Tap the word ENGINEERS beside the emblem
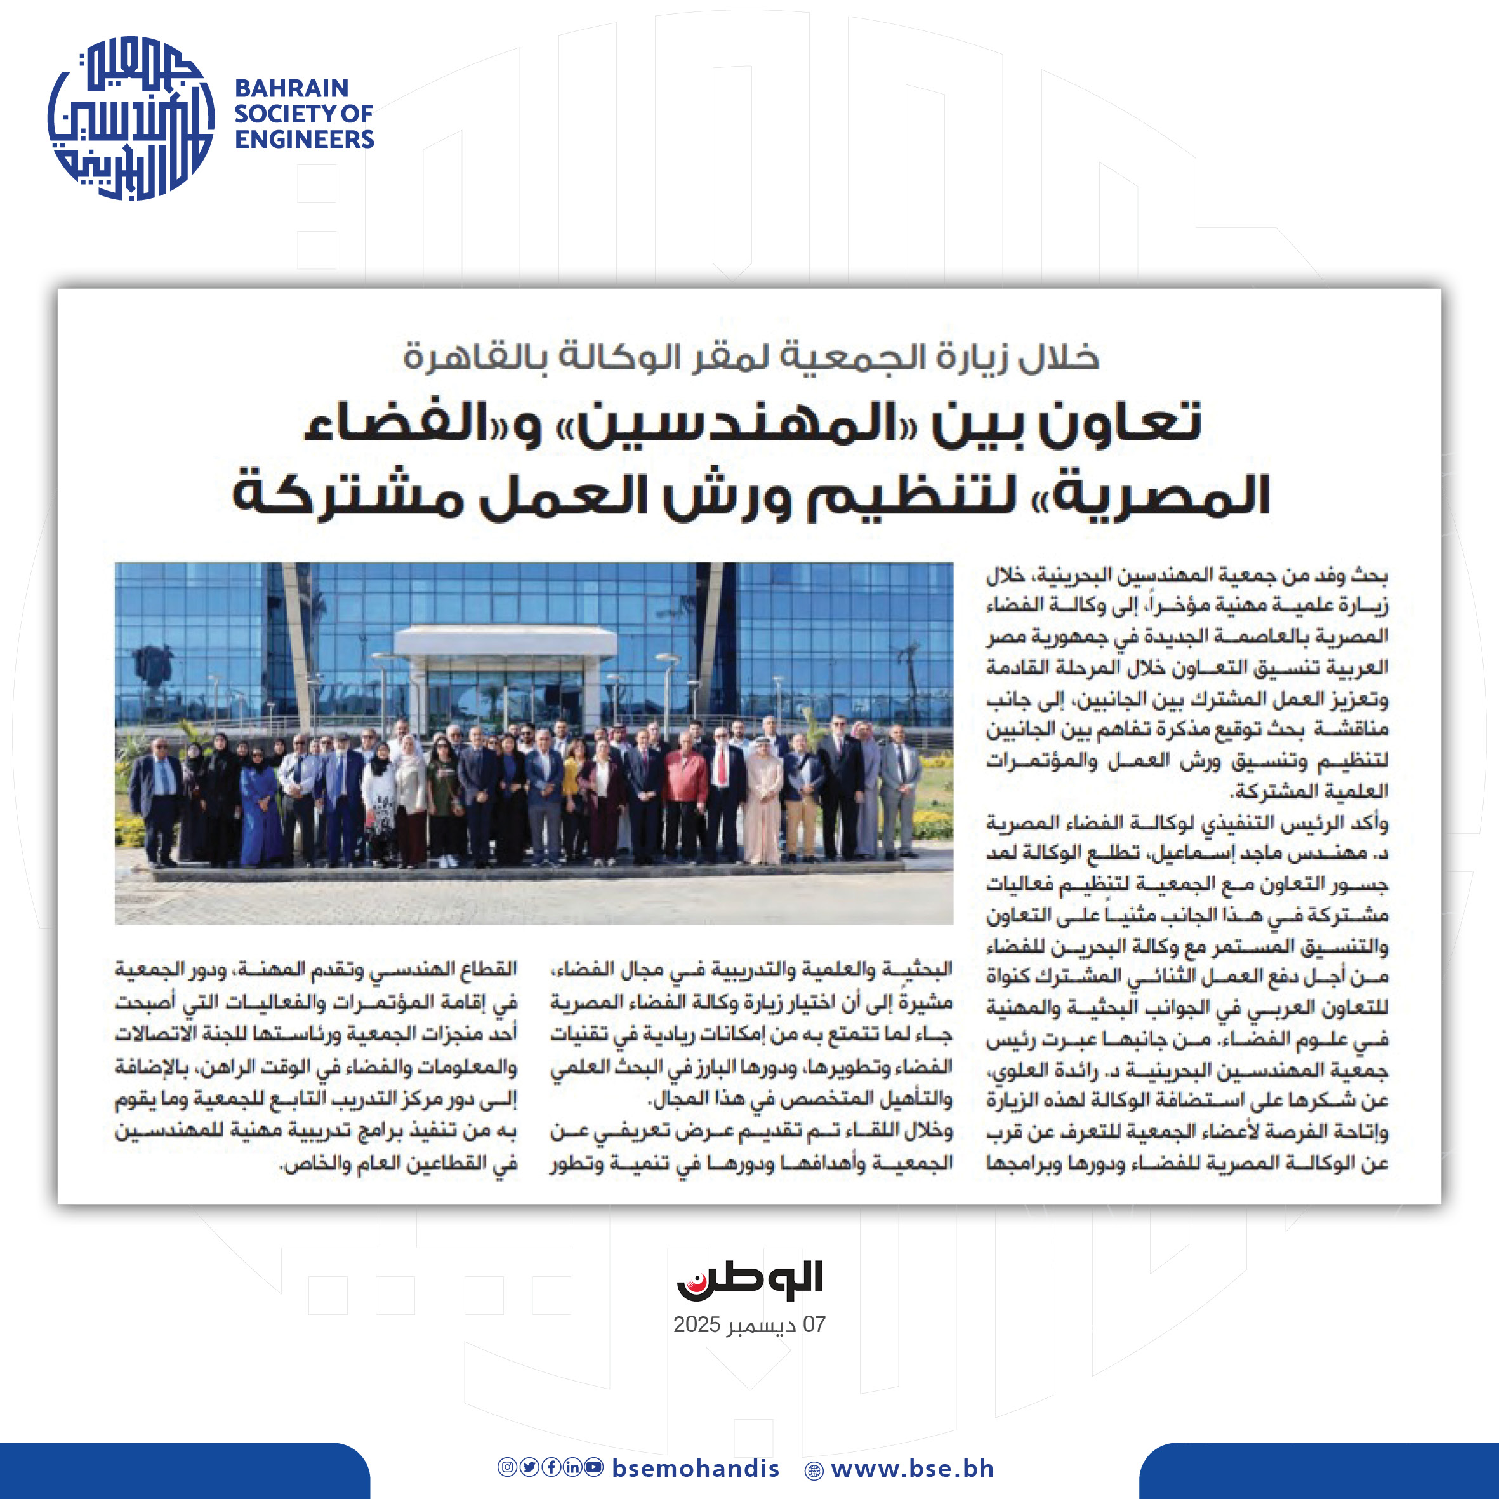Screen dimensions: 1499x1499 pyautogui.click(x=304, y=140)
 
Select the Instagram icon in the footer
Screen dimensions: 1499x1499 pyautogui.click(x=506, y=1467)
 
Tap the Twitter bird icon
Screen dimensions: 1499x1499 pyautogui.click(x=529, y=1467)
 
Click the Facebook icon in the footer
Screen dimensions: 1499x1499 pyautogui.click(x=551, y=1467)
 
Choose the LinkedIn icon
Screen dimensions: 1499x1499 pyautogui.click(x=572, y=1467)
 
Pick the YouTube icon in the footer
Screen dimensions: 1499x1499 pyautogui.click(x=594, y=1467)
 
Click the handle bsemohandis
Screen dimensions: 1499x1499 pyautogui.click(x=695, y=1468)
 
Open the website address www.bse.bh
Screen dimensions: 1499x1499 pyautogui.click(x=912, y=1468)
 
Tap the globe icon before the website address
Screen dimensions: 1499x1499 pyautogui.click(x=814, y=1470)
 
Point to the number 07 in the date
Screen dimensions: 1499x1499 pyautogui.click(x=814, y=1324)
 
